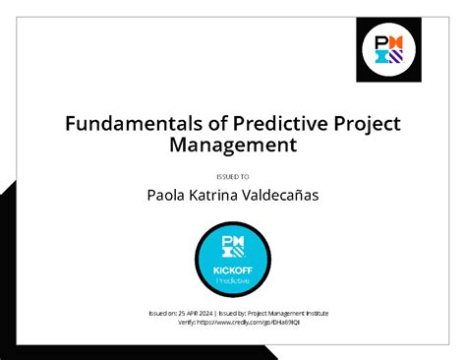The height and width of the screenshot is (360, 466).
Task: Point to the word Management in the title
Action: click(232, 146)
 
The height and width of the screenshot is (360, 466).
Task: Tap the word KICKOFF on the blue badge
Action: click(233, 270)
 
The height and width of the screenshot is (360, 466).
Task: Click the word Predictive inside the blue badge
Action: click(233, 280)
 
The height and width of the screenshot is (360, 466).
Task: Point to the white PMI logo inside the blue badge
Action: click(233, 247)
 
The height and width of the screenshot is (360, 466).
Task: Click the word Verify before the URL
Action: click(185, 322)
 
